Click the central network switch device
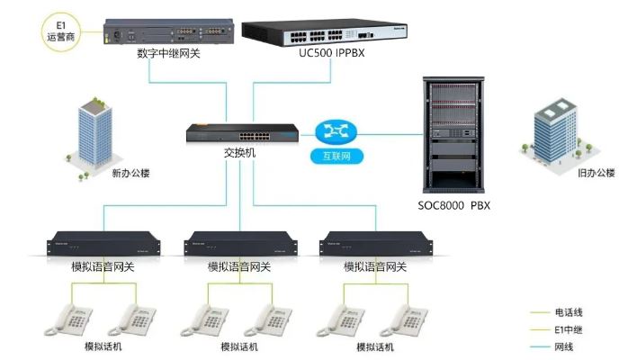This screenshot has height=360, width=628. point(240,133)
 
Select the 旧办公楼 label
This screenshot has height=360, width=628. point(595,172)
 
